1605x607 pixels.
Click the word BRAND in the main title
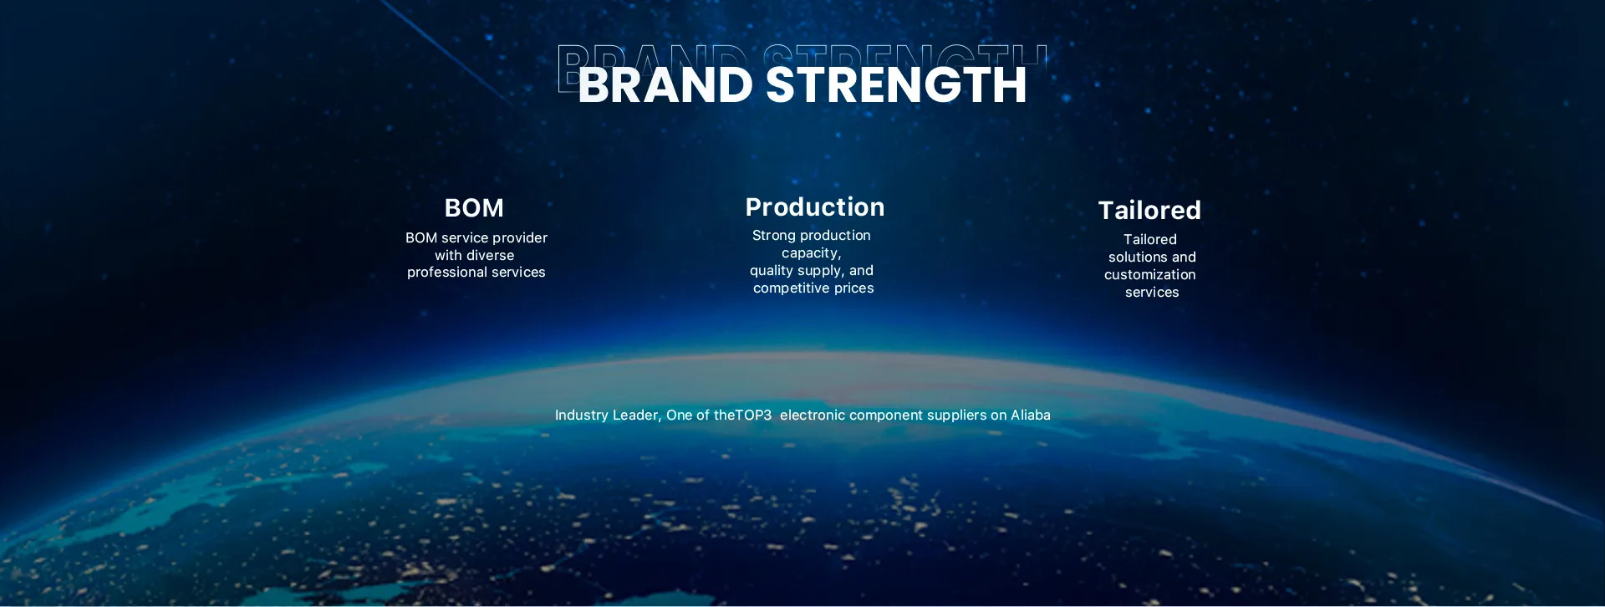click(665, 84)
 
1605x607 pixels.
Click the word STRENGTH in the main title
click(896, 84)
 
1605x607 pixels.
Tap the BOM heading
click(474, 207)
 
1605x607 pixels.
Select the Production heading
click(815, 207)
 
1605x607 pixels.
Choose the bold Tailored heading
click(1149, 210)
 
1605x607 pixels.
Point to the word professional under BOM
click(446, 273)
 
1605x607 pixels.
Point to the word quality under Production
click(772, 271)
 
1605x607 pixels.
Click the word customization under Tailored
click(1150, 275)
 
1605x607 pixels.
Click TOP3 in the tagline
click(753, 416)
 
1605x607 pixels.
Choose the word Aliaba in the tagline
click(1031, 415)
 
